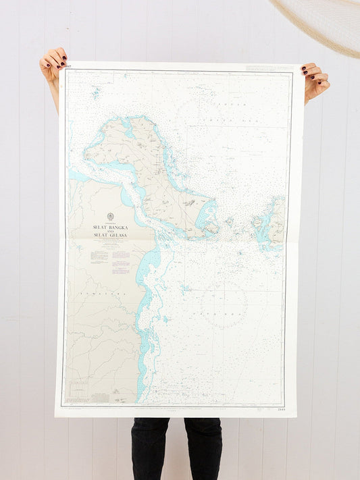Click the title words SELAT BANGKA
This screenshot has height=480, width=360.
click(x=110, y=228)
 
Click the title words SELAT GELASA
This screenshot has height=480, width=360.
click(x=110, y=235)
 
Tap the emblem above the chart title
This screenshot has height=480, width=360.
click(x=110, y=217)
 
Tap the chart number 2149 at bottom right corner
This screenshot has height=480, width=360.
click(x=281, y=408)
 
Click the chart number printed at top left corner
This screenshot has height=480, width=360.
click(x=68, y=66)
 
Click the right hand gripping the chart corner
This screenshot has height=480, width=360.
click(x=314, y=80)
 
